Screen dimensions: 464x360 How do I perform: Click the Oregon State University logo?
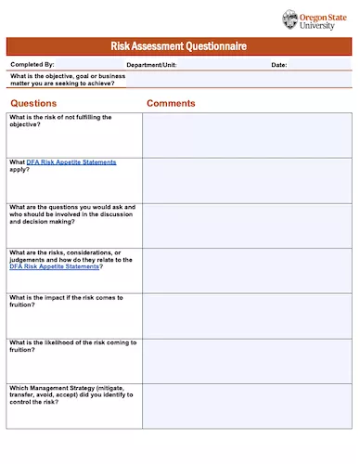[x=316, y=19]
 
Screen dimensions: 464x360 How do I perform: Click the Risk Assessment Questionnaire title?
[x=179, y=46]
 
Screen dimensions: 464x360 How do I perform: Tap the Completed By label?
[x=32, y=65]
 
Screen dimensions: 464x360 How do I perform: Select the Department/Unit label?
[x=151, y=65]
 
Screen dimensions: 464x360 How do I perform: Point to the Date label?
[x=278, y=65]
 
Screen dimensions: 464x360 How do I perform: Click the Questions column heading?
[x=33, y=103]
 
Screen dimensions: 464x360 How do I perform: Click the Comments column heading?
[x=171, y=103]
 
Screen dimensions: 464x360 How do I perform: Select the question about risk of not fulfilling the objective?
[x=61, y=121]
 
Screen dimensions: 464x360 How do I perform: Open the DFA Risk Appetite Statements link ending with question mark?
[x=54, y=266]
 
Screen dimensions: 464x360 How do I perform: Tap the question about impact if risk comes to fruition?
[x=65, y=302]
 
